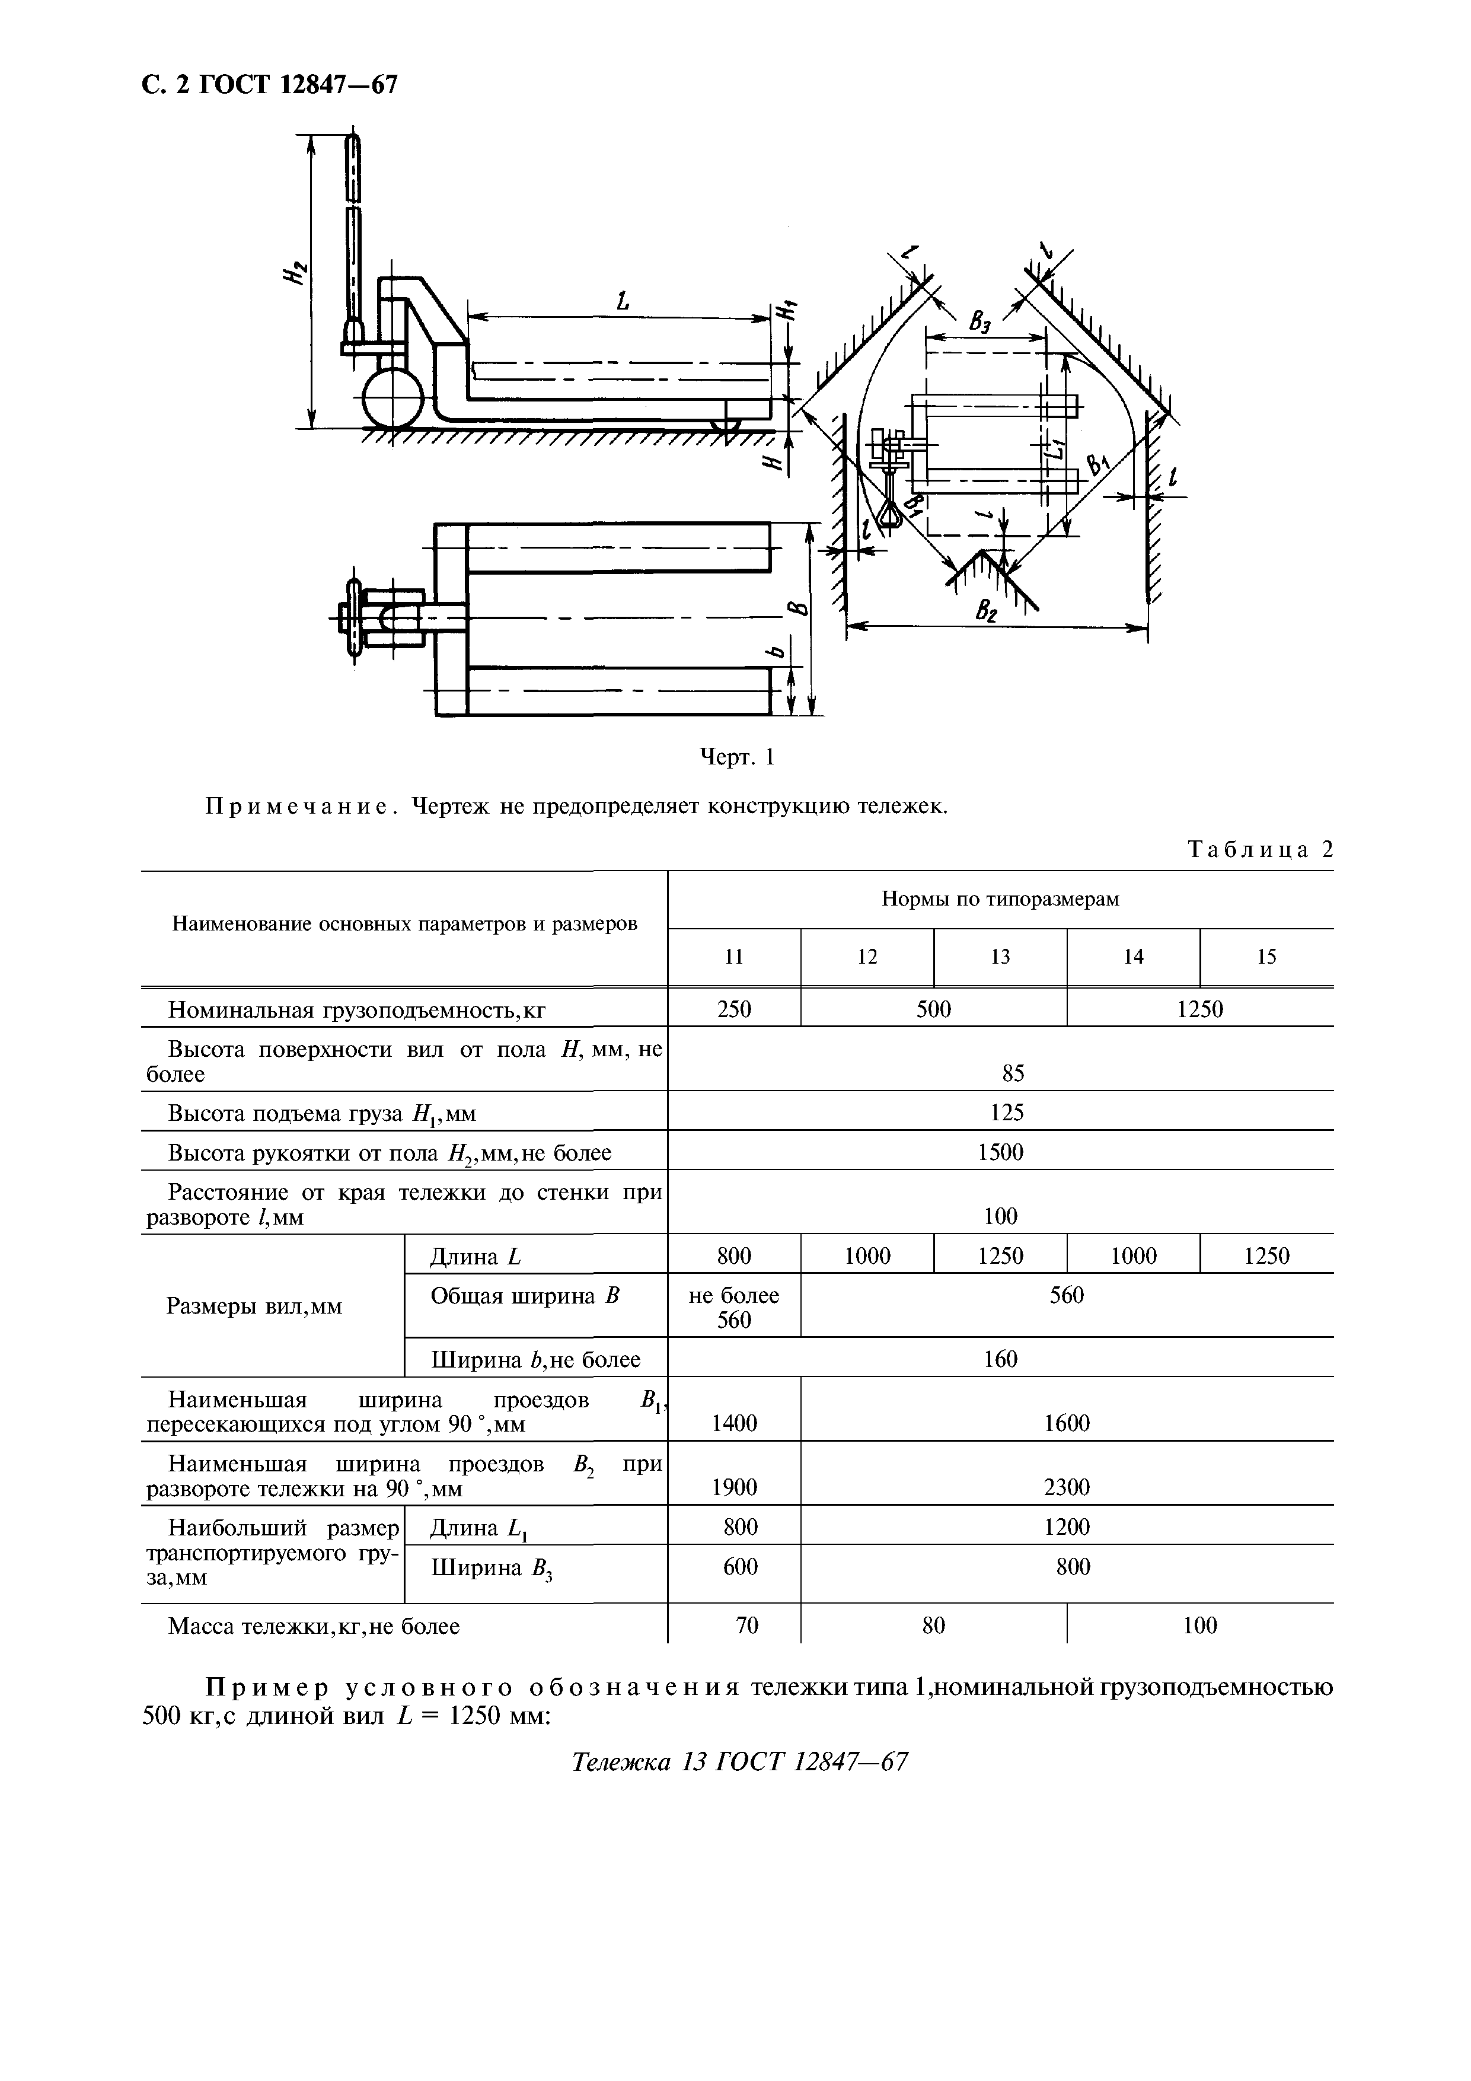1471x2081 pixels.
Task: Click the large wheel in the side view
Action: (x=393, y=397)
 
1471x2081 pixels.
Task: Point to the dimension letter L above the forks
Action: (x=623, y=301)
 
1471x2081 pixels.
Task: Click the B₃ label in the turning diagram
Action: (x=981, y=321)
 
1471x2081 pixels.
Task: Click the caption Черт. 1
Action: (x=738, y=756)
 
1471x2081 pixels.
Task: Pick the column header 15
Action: (x=1266, y=956)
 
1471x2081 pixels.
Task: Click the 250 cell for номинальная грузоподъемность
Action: (x=734, y=1009)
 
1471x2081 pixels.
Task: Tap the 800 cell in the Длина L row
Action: (x=734, y=1255)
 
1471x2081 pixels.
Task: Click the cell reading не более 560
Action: (x=734, y=1307)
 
